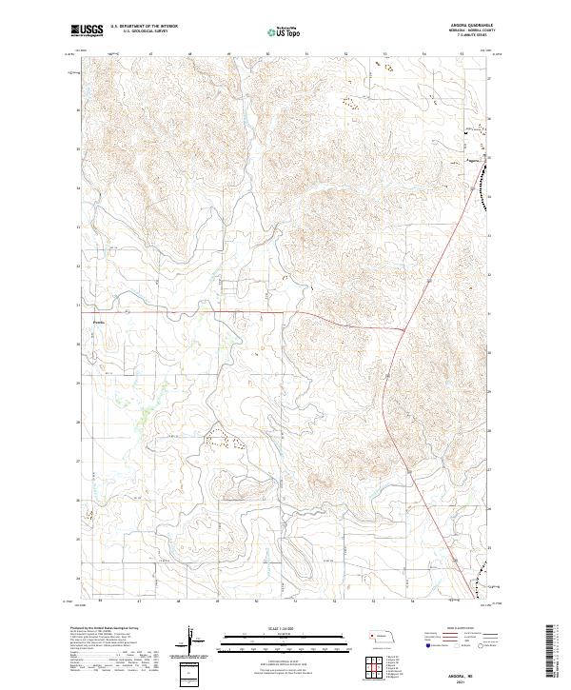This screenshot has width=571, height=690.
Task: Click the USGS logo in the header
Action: point(88,30)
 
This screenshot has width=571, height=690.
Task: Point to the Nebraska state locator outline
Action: point(384,634)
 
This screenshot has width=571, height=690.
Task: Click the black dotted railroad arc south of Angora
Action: point(485,187)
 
